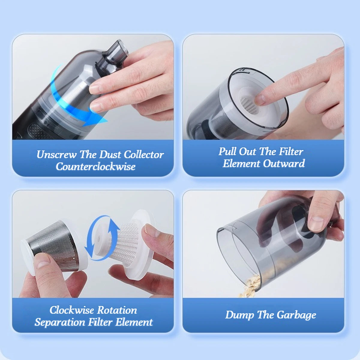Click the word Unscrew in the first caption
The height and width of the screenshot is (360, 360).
coord(56,154)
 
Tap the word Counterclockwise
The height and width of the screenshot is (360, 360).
coord(96,166)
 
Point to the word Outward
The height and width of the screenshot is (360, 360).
coord(284,163)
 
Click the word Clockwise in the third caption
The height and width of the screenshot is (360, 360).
coord(72,310)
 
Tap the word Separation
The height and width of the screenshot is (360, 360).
coord(60,322)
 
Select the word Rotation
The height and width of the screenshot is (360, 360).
coord(117,310)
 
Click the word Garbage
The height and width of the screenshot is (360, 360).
coord(296,315)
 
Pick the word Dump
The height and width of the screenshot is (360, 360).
coord(240,315)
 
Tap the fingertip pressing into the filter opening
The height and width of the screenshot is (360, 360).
coord(260,99)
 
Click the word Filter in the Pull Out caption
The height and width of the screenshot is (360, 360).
coord(291,151)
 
